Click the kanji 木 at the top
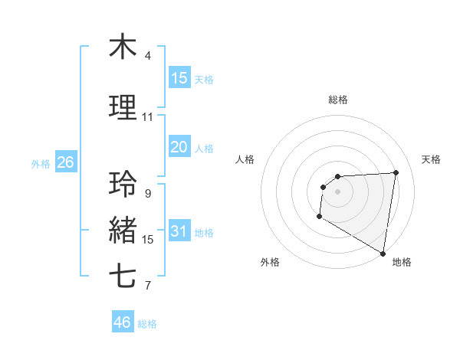click(123, 47)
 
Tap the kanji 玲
click(123, 185)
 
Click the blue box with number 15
click(179, 77)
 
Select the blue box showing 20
click(179, 147)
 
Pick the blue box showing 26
click(65, 162)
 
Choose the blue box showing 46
click(123, 322)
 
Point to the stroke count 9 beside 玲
click(147, 194)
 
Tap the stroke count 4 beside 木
click(147, 56)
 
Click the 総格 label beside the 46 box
click(147, 324)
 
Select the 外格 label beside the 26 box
click(41, 163)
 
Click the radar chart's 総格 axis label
click(337, 100)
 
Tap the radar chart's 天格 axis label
click(431, 159)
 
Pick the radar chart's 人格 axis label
click(245, 159)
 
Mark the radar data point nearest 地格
click(383, 253)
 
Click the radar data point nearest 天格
click(396, 172)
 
